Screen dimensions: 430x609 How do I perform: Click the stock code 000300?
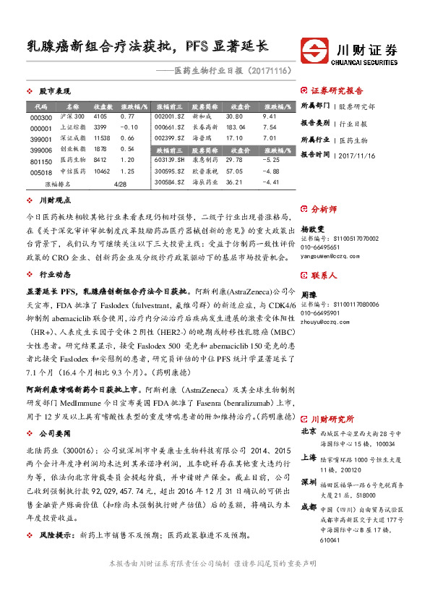click(42, 117)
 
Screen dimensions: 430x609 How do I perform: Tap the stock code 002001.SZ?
click(171, 116)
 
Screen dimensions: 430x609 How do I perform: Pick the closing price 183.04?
click(236, 127)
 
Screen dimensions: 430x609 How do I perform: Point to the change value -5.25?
click(272, 159)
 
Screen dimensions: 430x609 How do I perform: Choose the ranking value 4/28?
click(120, 184)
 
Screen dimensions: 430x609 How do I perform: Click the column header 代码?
click(40, 106)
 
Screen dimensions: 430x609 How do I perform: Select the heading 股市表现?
click(53, 92)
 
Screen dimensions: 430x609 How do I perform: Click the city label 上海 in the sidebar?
click(308, 456)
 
